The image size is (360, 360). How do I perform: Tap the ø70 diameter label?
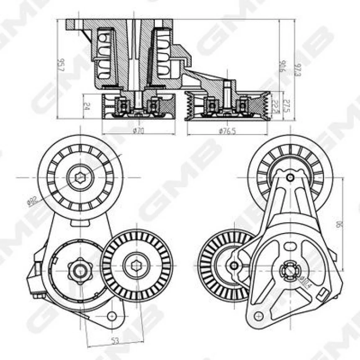coord(138,131)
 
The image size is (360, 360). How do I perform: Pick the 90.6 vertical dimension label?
coord(283,67)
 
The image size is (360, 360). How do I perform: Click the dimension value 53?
coord(115,341)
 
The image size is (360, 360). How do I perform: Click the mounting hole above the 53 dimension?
coord(111,316)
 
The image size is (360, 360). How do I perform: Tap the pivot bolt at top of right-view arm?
coord(290,177)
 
